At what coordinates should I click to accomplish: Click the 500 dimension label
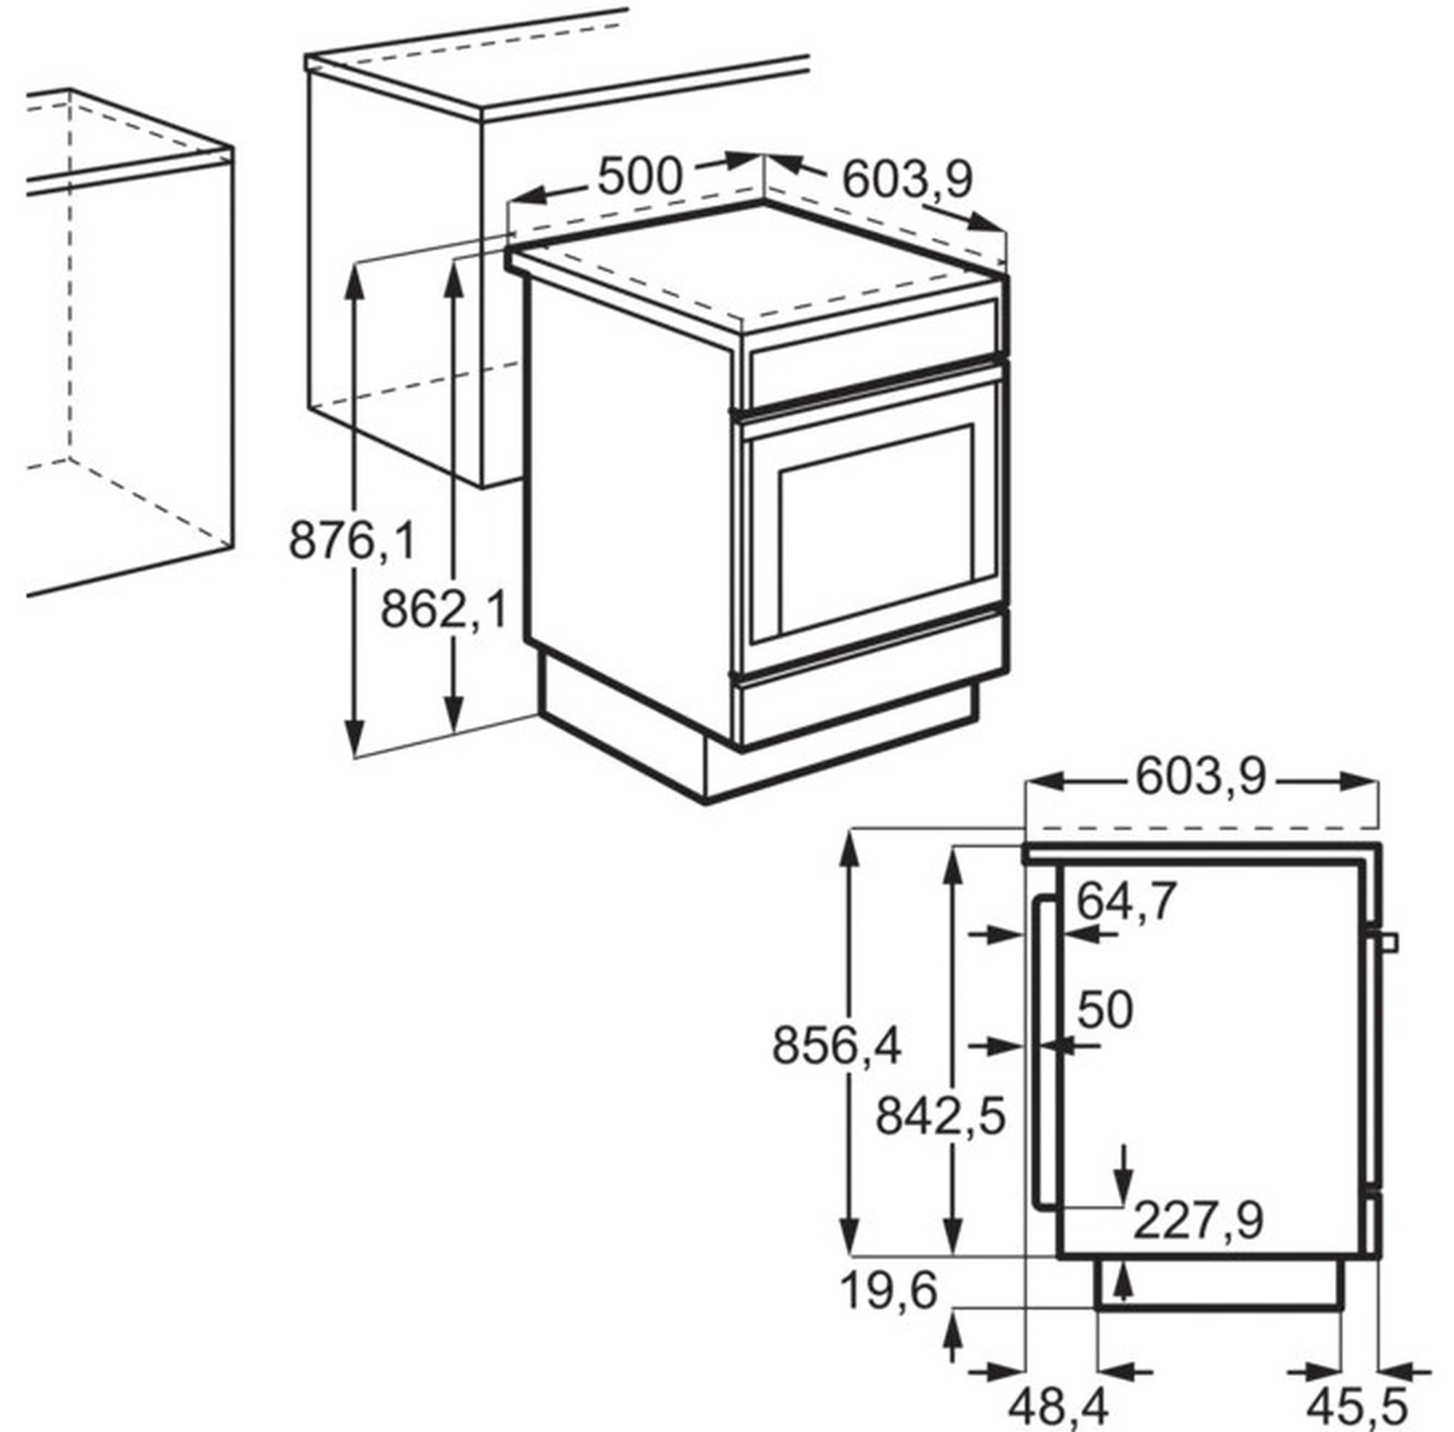point(639,177)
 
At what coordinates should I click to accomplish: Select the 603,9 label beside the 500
point(907,180)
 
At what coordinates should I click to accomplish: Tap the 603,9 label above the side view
point(1200,776)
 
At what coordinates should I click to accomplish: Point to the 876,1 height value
point(352,540)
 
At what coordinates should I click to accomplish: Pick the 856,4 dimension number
point(837,1045)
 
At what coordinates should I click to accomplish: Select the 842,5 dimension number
point(940,1116)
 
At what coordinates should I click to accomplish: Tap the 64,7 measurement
point(1127,900)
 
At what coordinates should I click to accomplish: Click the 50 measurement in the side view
point(1105,1010)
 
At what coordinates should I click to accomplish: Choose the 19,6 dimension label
point(888,1290)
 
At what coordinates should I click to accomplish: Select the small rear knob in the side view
point(1391,941)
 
